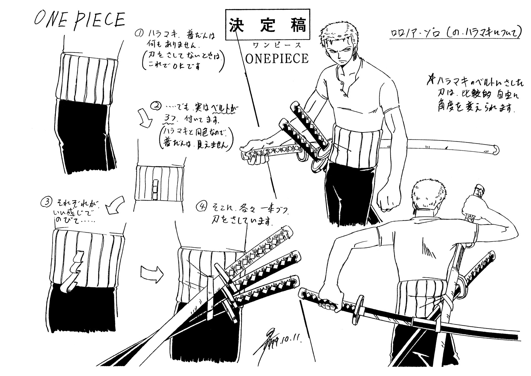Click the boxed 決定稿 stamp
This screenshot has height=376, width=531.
point(268,25)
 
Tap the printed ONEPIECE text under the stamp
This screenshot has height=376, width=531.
point(276,59)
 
